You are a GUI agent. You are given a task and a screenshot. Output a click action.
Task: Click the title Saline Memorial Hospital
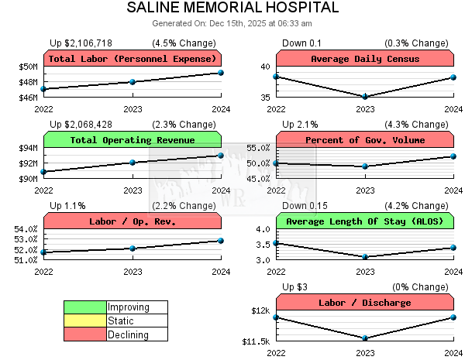[x=232, y=8]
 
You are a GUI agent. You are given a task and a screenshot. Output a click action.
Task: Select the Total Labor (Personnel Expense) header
[x=133, y=59]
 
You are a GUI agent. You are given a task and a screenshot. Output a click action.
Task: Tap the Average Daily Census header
[x=365, y=59]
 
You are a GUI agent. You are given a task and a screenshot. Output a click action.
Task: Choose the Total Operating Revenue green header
[x=133, y=140]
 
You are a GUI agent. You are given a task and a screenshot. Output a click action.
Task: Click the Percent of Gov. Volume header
[x=365, y=140]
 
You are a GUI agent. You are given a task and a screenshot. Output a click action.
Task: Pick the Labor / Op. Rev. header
[x=133, y=221]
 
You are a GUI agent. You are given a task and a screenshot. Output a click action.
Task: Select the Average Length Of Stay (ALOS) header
[x=365, y=221]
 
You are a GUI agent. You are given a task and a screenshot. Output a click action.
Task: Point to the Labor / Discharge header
[x=365, y=303]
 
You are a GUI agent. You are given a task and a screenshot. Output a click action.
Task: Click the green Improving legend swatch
[x=85, y=307]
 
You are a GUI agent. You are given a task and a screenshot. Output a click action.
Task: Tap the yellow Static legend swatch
[x=85, y=321]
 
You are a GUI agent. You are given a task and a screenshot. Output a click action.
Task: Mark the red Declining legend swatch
[x=85, y=334]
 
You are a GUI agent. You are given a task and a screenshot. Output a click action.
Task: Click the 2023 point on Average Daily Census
[x=365, y=97]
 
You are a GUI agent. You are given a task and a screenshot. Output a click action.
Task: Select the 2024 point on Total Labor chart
[x=221, y=73]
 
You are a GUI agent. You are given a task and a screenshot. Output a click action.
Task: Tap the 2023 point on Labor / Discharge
[x=365, y=338]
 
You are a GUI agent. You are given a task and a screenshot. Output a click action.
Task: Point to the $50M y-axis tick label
[x=28, y=67]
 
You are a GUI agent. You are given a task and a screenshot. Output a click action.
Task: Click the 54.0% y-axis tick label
[x=26, y=229]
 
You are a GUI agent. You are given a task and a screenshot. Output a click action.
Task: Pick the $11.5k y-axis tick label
[x=257, y=341]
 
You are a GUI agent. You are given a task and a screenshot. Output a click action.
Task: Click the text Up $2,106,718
[x=81, y=43]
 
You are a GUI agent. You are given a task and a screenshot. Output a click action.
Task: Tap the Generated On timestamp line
[x=232, y=23]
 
